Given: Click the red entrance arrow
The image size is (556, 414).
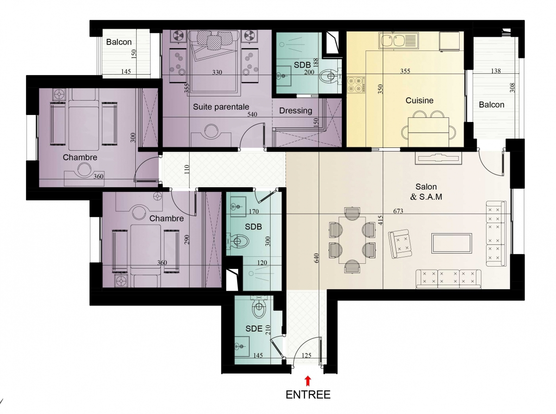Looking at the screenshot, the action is coord(308,381).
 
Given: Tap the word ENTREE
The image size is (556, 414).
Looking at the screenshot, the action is coord(308,395).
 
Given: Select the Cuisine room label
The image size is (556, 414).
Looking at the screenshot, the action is coord(419,100).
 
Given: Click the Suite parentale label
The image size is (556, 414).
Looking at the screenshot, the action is coord(221,107).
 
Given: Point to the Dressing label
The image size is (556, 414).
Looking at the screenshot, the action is coord(296,111).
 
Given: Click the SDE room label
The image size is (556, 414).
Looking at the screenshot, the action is coord(254,329).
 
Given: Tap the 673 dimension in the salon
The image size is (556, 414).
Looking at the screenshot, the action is coord(398,211).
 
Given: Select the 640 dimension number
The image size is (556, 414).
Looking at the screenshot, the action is coord(316,258).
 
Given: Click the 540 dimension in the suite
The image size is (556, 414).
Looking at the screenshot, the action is coord(252,115).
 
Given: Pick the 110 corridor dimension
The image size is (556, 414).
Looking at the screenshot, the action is coord(187,170).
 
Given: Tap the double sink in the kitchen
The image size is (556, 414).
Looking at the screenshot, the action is coord(398,40).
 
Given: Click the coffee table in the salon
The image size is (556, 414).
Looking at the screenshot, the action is coord(451,243).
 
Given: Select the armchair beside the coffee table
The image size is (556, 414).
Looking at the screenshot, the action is coord(400,244).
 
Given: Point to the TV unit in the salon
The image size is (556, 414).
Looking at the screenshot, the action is coord(438,159).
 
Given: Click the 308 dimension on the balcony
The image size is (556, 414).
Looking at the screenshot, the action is coord(512,88).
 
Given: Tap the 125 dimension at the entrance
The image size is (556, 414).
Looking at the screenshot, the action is coord(306,356).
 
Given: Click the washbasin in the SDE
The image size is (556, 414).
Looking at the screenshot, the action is coord(242,346).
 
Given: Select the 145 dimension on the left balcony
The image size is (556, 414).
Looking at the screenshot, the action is coord(126,71).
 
